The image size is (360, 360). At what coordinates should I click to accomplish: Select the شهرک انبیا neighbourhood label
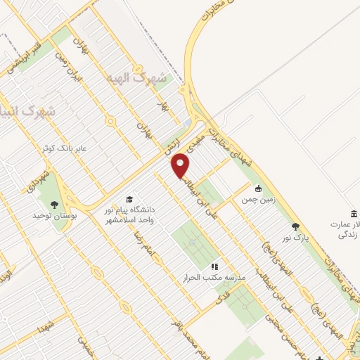click(x=28, y=110)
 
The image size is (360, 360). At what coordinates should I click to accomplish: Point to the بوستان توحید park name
click(x=53, y=214)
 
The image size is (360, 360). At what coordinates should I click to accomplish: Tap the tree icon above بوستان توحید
click(x=54, y=204)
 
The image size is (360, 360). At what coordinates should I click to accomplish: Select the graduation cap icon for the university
click(x=129, y=200)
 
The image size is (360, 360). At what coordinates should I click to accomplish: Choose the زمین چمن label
click(x=257, y=200)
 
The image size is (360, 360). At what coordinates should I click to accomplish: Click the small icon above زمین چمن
click(x=258, y=188)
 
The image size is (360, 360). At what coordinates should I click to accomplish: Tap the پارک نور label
click(x=295, y=238)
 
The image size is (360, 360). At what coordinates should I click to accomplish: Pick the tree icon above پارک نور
click(x=295, y=226)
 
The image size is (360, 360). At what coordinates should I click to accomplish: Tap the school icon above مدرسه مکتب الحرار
click(x=215, y=266)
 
